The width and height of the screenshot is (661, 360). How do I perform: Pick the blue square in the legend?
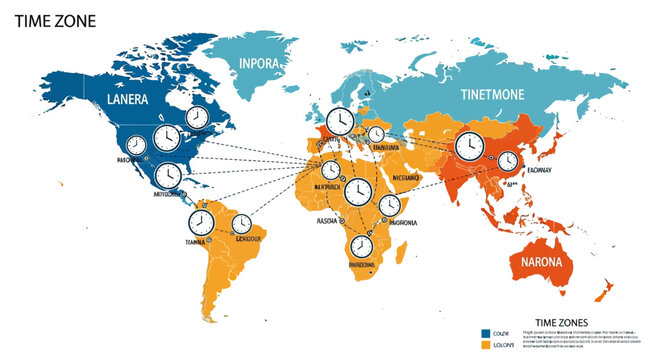coord(485,332)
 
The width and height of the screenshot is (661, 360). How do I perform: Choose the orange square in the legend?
coord(485,344)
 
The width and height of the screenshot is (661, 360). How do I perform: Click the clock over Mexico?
coord(168,174)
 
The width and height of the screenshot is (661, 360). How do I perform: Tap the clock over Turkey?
coord(376,135)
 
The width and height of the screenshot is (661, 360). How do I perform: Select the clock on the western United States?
coord(166,135)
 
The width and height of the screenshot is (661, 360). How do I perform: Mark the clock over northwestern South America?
coord(201,220)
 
